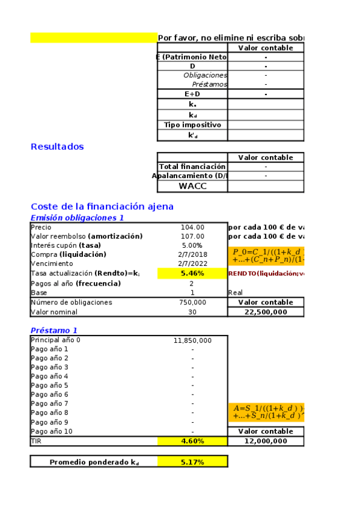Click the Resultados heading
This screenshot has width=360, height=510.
pyautogui.click(x=57, y=147)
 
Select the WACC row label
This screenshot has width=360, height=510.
pyautogui.click(x=192, y=186)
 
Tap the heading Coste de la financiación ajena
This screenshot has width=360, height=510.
pyautogui.click(x=102, y=206)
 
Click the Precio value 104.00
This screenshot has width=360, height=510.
pyautogui.click(x=192, y=227)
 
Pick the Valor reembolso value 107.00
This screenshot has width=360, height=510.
pyautogui.click(x=192, y=236)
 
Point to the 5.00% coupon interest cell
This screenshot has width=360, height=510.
pyautogui.click(x=192, y=245)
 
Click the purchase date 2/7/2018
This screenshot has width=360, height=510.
pyautogui.click(x=192, y=254)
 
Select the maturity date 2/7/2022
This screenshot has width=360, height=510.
pyautogui.click(x=192, y=263)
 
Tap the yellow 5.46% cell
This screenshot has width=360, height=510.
pyautogui.click(x=192, y=273)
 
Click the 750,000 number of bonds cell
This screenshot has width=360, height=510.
pyautogui.click(x=192, y=303)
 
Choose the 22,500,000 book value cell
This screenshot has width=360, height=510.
pyautogui.click(x=266, y=312)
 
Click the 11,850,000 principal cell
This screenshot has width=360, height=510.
pyautogui.click(x=192, y=340)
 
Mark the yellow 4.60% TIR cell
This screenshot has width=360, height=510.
pyautogui.click(x=192, y=441)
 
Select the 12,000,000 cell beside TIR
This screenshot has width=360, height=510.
pyautogui.click(x=266, y=441)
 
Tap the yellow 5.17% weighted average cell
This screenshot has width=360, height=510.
pyautogui.click(x=192, y=462)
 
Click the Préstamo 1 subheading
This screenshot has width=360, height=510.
pyautogui.click(x=54, y=330)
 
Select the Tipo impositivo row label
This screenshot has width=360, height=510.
pyautogui.click(x=192, y=125)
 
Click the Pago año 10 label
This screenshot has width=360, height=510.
pyautogui.click(x=52, y=431)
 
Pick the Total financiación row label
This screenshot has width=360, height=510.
pyautogui.click(x=192, y=167)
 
